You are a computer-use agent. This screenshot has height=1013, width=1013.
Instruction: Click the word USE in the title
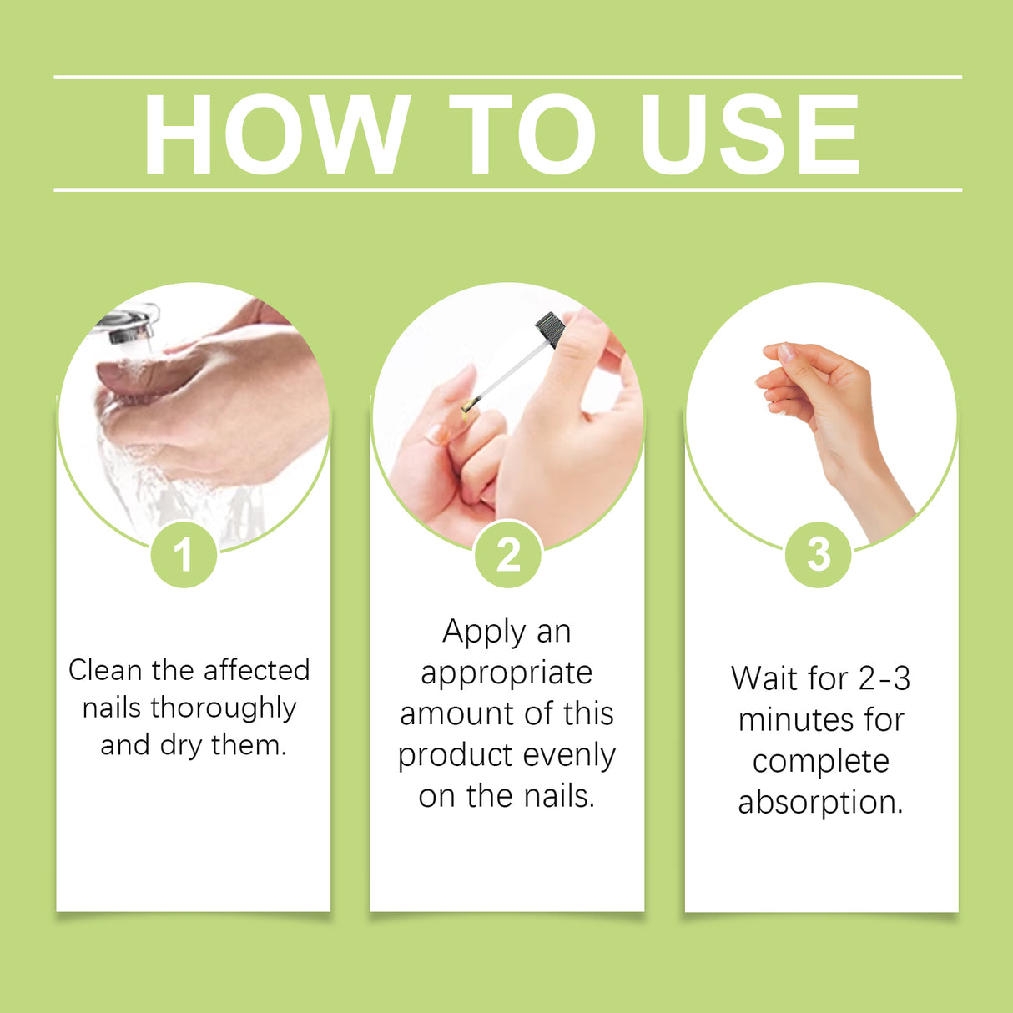[748, 134]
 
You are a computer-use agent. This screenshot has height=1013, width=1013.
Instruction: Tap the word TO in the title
[522, 134]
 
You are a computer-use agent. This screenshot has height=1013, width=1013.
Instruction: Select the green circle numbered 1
[184, 554]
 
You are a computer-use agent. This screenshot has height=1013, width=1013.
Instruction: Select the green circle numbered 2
[507, 554]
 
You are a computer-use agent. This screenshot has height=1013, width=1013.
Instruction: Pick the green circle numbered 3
[819, 554]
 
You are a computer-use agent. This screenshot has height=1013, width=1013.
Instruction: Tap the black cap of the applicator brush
[550, 328]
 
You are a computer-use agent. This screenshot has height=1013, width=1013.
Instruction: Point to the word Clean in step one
[105, 670]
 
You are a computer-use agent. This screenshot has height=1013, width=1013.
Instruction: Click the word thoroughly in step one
[223, 708]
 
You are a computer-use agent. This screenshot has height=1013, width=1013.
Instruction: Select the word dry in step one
[180, 745]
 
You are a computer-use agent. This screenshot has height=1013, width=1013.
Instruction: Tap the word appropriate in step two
[507, 673]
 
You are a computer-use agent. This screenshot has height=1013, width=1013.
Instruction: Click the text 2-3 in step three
[884, 678]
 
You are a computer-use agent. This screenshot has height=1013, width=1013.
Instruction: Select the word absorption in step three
[820, 803]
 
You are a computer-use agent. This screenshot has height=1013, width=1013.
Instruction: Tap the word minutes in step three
[789, 720]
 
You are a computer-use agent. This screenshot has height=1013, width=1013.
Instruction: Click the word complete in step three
[820, 762]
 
